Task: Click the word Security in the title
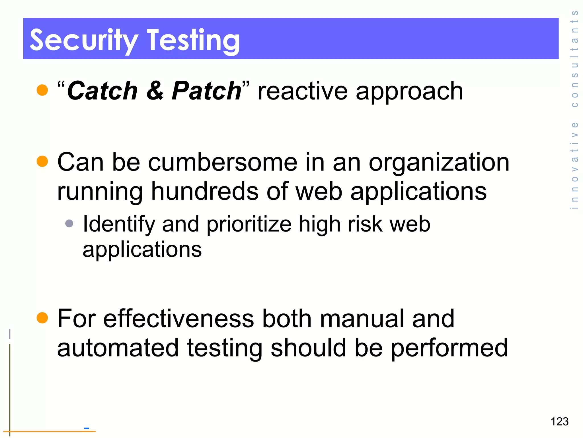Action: click(84, 40)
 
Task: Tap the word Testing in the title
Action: click(193, 40)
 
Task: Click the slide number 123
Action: click(559, 421)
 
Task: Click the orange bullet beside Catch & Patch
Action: click(42, 90)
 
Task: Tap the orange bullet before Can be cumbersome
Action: click(42, 161)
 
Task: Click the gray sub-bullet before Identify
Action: click(69, 223)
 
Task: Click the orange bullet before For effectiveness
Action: click(42, 318)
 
